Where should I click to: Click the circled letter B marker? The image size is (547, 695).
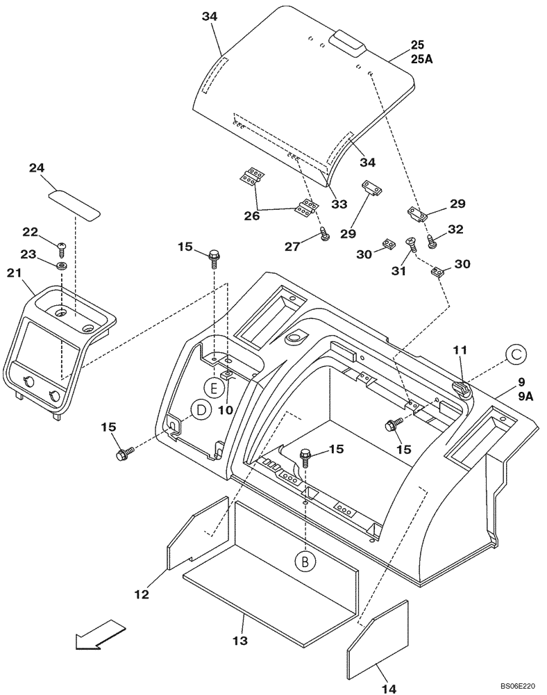coord(304,559)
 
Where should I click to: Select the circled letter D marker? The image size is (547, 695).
coord(201,411)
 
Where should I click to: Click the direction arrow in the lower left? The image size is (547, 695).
coord(100,635)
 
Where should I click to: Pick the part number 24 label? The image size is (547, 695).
coord(37,167)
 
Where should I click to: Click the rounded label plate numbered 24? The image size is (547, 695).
coord(74,202)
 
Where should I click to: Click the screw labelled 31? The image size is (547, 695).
coord(410,245)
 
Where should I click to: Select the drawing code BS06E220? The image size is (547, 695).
coord(517,687)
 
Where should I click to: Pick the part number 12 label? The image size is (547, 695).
coord(142,594)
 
